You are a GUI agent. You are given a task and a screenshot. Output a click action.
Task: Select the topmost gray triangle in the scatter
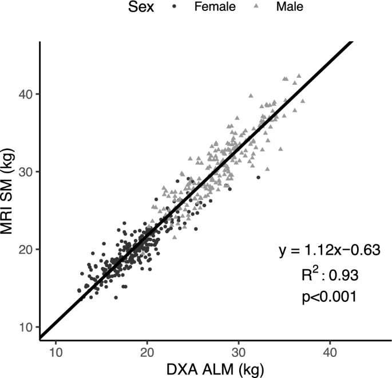click(x=298, y=75)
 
